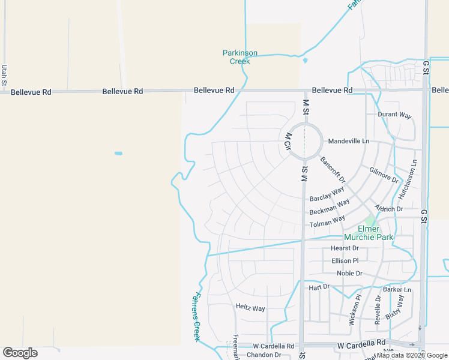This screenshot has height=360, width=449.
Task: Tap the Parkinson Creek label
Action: [240, 57]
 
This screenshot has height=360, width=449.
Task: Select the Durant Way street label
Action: [394, 115]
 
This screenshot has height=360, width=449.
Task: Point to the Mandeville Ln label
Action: [348, 142]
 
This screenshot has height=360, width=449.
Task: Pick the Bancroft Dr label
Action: [333, 170]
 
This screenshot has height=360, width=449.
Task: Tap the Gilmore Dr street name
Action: [384, 175]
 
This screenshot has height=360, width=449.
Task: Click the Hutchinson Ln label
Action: [408, 179]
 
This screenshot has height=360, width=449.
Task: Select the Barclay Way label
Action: [327, 194]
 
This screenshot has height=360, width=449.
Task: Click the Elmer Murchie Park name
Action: [367, 233]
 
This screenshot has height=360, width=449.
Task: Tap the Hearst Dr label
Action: [345, 248]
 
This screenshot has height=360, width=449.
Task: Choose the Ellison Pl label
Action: [345, 260]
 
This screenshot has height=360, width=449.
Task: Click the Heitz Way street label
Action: [250, 308]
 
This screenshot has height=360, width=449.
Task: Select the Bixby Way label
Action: [394, 306]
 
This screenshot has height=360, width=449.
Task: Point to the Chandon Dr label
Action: [264, 355]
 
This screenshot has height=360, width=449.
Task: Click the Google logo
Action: [20, 353]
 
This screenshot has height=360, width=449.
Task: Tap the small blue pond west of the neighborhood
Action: [118, 153]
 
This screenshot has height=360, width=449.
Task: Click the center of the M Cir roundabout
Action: [304, 142]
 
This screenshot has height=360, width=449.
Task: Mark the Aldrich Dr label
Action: [388, 209]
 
